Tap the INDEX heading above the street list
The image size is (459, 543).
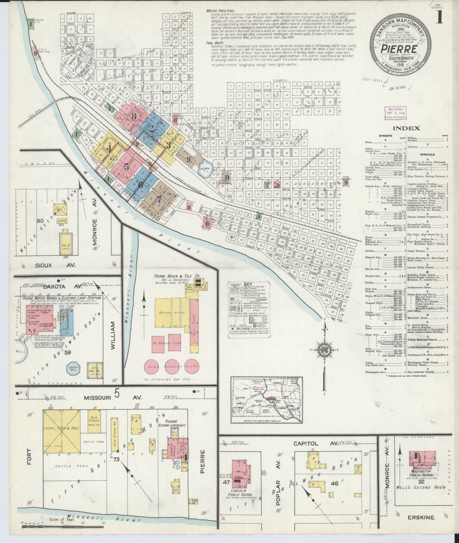click(406, 128)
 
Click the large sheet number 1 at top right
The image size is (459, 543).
click(440, 17)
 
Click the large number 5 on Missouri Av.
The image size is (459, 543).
click(117, 394)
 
